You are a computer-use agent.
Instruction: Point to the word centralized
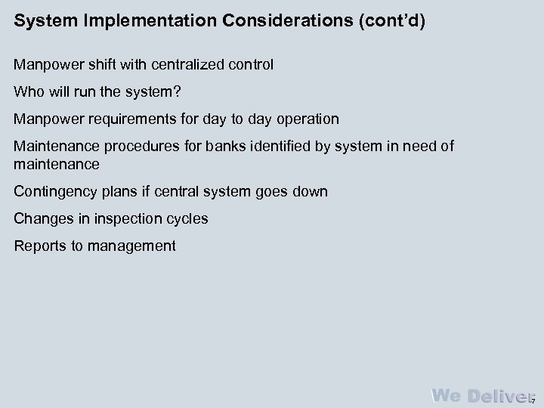[x=191, y=65]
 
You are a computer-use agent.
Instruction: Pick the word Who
[x=28, y=92]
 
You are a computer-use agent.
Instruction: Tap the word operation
[x=304, y=119]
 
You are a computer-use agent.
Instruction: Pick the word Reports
[x=39, y=246]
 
